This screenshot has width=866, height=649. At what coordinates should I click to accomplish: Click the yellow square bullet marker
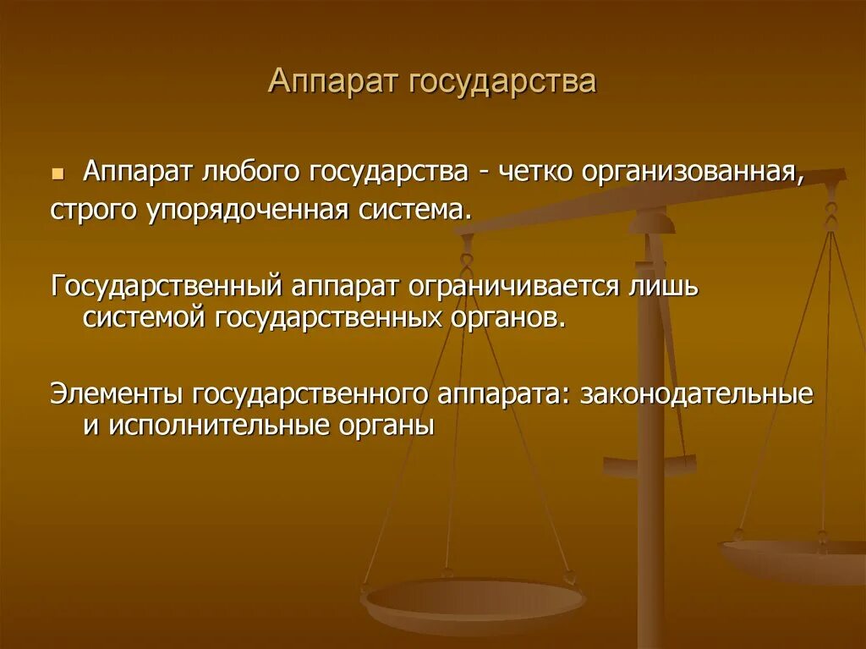58,173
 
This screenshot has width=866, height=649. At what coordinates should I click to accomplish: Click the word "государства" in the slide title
502,83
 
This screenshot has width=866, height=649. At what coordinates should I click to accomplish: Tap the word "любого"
254,173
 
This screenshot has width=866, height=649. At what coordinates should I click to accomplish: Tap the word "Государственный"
166,286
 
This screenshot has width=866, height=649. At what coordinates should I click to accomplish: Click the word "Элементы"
116,394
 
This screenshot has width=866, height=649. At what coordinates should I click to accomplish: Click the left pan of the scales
473,600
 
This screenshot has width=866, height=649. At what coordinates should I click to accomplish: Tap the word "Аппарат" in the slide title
334,83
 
